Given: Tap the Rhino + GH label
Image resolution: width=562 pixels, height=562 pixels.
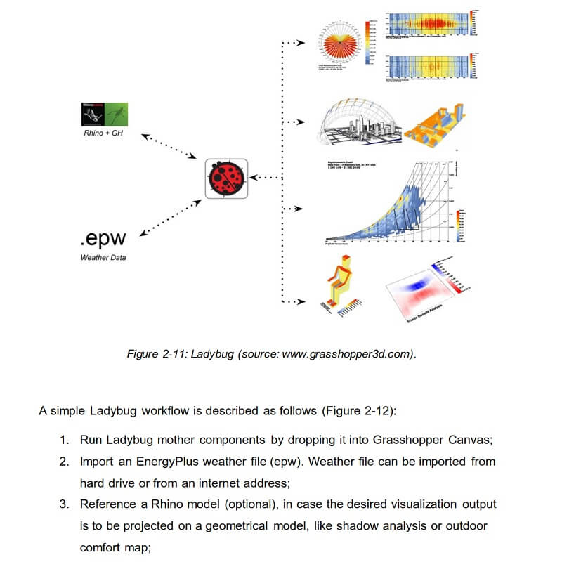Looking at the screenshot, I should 103,133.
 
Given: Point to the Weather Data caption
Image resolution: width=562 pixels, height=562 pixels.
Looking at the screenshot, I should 103,258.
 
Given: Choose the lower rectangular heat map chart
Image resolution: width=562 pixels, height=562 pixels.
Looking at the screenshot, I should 430,68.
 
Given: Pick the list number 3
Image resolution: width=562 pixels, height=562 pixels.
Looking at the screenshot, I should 63,504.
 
